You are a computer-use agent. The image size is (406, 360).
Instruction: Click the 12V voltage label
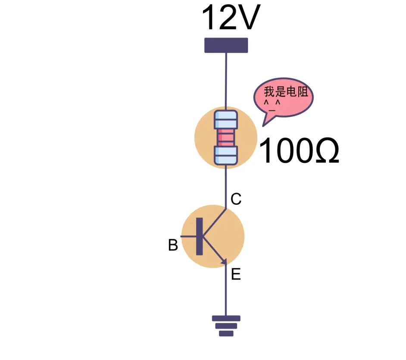click(231, 18)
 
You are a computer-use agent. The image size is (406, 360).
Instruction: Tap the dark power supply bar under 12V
click(226, 45)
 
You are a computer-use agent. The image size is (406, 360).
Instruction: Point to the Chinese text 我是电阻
click(287, 91)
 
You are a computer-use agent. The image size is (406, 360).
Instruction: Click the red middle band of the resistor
click(226, 138)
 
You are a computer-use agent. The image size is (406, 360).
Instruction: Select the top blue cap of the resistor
click(226, 119)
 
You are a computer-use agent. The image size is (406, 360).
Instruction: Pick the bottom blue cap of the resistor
click(226, 155)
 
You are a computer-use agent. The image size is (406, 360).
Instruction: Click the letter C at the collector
click(236, 199)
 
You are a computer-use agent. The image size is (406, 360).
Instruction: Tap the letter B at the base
click(173, 245)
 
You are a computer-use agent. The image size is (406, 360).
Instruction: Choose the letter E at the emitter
click(236, 274)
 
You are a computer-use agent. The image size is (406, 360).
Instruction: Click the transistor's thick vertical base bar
click(199, 236)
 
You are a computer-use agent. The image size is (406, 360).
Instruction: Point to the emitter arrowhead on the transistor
click(224, 261)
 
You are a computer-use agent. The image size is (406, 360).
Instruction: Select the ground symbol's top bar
click(226, 319)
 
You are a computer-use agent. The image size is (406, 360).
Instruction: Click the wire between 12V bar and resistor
click(226, 80)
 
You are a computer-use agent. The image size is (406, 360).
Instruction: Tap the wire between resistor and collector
click(226, 185)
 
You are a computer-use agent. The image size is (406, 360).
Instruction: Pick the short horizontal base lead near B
click(188, 236)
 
